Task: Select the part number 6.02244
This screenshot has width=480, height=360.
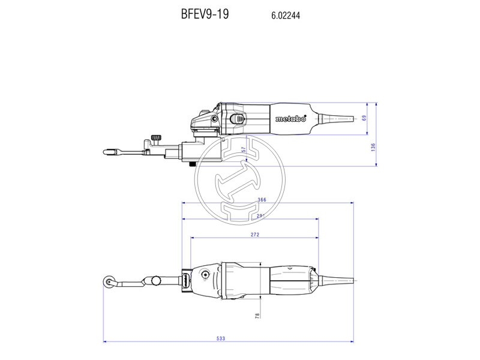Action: (282, 16)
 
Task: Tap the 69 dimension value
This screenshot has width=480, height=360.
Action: (364, 118)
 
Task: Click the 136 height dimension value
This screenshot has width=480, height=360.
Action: (373, 146)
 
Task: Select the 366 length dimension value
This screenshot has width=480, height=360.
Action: (262, 200)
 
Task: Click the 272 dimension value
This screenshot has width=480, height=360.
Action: (254, 235)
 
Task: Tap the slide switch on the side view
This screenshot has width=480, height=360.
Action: (238, 118)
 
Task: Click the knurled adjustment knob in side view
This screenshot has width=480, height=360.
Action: (157, 139)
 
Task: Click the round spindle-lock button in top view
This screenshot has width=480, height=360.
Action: (206, 276)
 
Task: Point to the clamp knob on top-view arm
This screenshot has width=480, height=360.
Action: (157, 280)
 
